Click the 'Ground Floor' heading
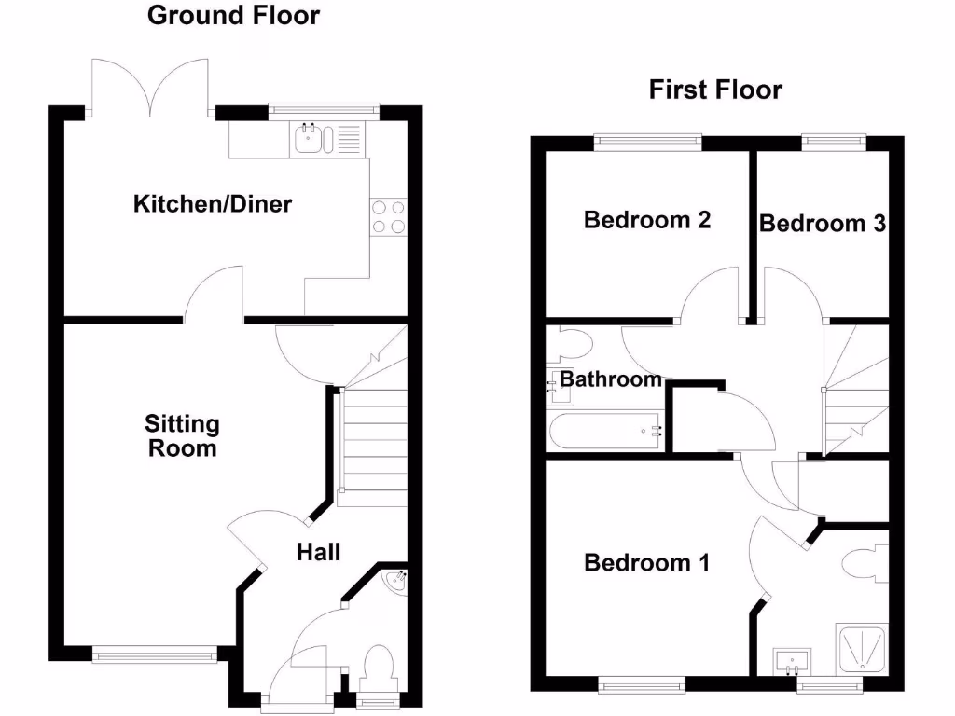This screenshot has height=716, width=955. pyautogui.click(x=233, y=16)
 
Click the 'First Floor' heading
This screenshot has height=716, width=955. pyautogui.click(x=715, y=89)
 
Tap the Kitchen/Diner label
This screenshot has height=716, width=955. pyautogui.click(x=213, y=203)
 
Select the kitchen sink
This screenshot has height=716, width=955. pyautogui.click(x=309, y=139)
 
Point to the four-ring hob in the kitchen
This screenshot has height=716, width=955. pyautogui.click(x=389, y=216)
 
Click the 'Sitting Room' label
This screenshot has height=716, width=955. pyautogui.click(x=182, y=435)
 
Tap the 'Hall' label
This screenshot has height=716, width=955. pyautogui.click(x=318, y=552)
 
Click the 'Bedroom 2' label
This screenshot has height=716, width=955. pyautogui.click(x=647, y=220)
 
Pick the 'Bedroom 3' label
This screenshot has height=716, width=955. pyautogui.click(x=822, y=224)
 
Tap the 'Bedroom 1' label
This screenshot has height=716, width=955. pyautogui.click(x=647, y=563)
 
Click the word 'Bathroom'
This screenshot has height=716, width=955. pyautogui.click(x=611, y=379)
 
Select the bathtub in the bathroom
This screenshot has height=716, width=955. pyautogui.click(x=605, y=431)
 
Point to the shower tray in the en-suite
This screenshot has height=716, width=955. pyautogui.click(x=863, y=650)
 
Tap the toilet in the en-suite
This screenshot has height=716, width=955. pyautogui.click(x=865, y=564)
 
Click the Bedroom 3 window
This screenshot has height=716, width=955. pyautogui.click(x=834, y=142)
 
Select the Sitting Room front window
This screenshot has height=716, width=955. pyautogui.click(x=156, y=655)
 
